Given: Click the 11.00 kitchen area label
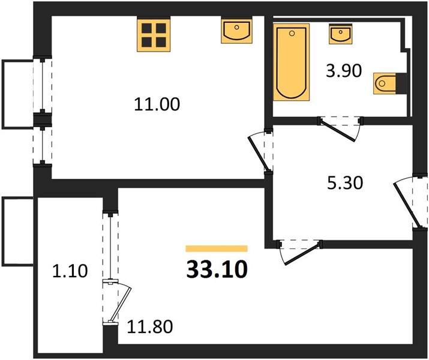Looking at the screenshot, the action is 157,104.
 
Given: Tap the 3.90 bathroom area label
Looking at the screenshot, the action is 344,71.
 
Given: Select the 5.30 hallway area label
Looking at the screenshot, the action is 345,183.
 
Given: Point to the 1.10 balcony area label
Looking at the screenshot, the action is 70,271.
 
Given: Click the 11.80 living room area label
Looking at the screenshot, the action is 150,326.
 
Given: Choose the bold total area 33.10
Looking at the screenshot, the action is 217,269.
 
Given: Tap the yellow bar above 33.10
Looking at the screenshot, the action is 217,248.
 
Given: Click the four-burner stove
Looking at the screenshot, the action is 154,34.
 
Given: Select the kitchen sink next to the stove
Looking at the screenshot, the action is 236,30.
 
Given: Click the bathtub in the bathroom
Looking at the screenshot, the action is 292,62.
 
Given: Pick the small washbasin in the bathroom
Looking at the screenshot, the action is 341,34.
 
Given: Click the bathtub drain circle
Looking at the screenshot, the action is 292,34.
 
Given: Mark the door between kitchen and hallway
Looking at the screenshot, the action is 261,151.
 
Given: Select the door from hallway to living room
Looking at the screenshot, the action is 299,251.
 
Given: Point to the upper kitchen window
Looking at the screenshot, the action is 43,85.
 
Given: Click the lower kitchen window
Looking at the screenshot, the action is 43,145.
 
